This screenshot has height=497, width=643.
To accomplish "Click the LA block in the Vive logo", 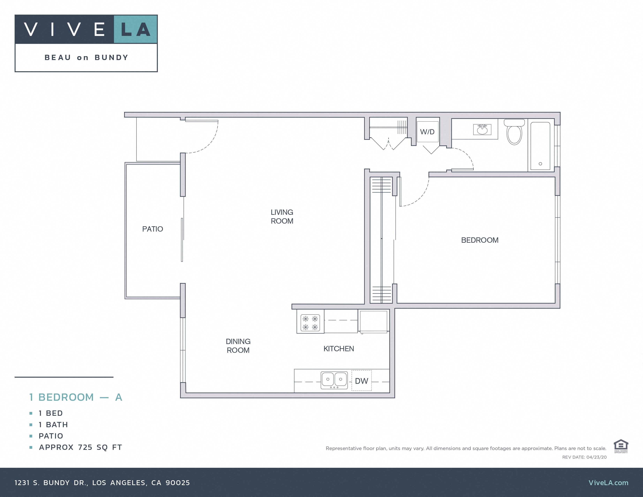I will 135,29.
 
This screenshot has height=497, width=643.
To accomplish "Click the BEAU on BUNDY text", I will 86,57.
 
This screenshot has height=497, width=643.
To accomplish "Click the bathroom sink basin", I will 482,130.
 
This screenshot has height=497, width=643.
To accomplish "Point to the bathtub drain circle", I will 540,164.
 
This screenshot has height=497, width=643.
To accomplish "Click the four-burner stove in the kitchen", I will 310,323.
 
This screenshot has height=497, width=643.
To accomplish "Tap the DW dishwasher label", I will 361,381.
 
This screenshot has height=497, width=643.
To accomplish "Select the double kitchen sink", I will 334,380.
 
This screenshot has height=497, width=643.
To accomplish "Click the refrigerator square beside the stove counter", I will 373,321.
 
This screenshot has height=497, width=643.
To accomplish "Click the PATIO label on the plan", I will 153,229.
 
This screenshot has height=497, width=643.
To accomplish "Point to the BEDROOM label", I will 480,240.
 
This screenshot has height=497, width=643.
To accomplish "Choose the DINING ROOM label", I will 238,346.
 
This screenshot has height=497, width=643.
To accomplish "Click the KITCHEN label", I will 339,349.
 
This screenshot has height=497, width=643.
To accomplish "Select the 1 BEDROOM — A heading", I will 76,397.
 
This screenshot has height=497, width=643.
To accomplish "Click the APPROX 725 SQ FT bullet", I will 80,447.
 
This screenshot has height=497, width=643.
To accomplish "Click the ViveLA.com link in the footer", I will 608,483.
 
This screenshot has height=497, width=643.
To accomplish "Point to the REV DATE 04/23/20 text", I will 584,457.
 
